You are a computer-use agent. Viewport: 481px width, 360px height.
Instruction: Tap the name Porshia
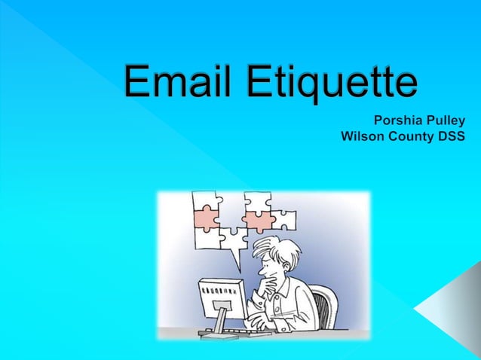click(x=400, y=121)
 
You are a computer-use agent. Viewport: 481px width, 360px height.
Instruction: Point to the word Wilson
click(x=363, y=137)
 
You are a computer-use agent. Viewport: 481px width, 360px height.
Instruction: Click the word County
click(x=415, y=137)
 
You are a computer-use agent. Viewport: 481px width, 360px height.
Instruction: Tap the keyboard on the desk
click(x=234, y=331)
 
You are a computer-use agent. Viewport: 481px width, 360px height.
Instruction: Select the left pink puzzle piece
click(x=206, y=218)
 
